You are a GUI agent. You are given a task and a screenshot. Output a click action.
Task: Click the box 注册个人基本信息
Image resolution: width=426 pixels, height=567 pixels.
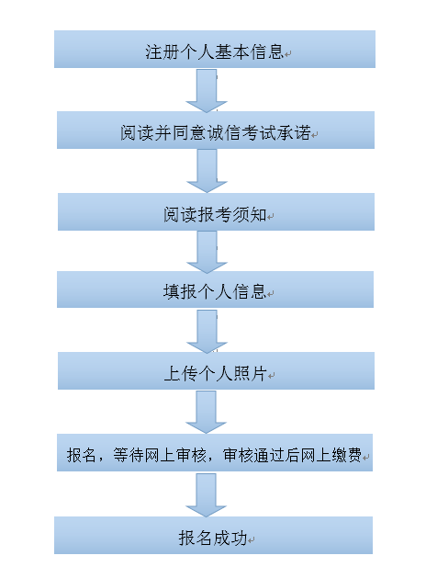click(215, 50)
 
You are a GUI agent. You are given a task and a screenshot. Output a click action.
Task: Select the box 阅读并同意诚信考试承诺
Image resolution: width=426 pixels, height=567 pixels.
click(216, 130)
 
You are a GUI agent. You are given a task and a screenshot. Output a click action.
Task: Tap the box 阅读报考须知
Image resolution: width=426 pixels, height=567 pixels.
click(216, 212)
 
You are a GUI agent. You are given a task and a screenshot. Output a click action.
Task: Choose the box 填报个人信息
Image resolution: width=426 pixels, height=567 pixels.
click(216, 289)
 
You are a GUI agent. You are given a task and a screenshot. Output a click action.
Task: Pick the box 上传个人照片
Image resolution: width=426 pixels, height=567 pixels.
click(216, 371)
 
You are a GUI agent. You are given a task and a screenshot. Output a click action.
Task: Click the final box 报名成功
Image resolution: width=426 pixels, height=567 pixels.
click(214, 535)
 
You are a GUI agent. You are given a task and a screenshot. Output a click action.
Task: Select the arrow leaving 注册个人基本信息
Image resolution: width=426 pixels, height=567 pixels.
click(207, 90)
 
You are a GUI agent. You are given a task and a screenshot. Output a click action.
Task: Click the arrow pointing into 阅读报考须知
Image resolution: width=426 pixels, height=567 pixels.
click(207, 171)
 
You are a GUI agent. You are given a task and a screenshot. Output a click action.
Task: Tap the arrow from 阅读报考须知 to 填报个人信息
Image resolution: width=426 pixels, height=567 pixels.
click(207, 252)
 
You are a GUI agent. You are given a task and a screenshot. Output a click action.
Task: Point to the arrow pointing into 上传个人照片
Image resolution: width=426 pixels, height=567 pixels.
click(207, 331)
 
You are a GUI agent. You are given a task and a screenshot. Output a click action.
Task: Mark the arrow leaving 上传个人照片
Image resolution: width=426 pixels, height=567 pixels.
click(206, 412)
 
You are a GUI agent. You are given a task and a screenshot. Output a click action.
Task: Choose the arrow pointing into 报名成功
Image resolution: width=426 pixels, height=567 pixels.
click(206, 495)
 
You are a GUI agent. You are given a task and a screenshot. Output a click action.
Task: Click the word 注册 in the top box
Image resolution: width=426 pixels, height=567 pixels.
click(163, 51)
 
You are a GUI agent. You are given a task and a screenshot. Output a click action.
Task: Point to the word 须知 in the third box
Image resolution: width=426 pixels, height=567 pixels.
click(250, 215)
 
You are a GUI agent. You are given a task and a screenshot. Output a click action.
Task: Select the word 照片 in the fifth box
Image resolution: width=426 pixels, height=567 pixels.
click(250, 373)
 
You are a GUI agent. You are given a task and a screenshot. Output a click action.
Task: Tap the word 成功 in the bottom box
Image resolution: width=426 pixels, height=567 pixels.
click(230, 538)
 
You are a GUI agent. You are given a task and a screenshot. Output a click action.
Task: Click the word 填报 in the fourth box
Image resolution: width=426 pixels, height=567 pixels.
click(180, 292)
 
